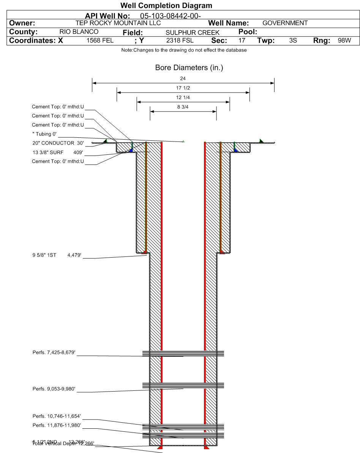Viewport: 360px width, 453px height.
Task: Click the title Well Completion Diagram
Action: click(166, 6)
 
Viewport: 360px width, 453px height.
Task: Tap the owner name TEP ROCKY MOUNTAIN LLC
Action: click(118, 23)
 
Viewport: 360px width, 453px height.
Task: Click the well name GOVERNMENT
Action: click(285, 23)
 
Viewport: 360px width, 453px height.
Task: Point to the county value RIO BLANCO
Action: click(79, 32)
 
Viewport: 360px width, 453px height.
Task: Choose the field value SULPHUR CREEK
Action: click(193, 33)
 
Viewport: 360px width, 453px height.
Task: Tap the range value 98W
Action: click(344, 41)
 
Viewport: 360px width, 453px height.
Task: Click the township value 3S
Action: click(293, 41)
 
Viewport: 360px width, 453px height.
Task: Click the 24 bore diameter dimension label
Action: click(183, 79)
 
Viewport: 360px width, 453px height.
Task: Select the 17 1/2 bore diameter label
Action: click(183, 88)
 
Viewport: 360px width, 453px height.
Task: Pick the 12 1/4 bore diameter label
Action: click(183, 98)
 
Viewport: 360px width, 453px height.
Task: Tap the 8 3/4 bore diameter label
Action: click(183, 107)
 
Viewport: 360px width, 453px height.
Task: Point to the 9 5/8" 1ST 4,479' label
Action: click(55, 255)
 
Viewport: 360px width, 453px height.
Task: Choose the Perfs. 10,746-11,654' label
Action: click(57, 416)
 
